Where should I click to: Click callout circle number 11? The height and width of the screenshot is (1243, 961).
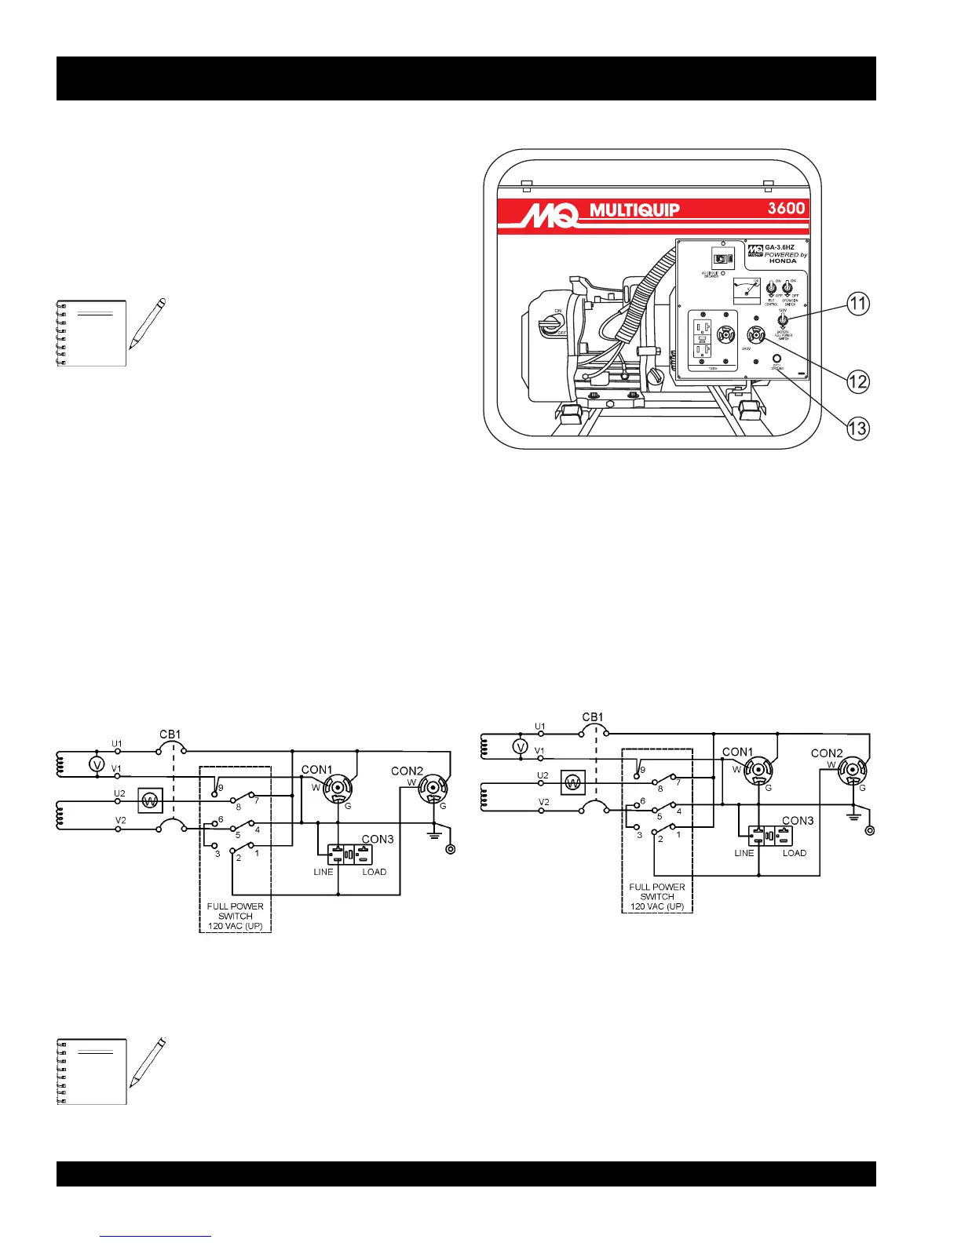pos(859,304)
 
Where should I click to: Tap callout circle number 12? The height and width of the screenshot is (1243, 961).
pos(857,381)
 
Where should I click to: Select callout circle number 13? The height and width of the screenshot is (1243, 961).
pos(857,428)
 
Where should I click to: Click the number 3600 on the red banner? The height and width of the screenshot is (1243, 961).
pos(786,209)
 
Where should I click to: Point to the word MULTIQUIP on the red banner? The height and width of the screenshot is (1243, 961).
pos(634,210)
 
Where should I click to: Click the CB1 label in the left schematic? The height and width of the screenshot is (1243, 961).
pos(170,734)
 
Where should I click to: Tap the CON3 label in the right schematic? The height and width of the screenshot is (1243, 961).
pos(798,820)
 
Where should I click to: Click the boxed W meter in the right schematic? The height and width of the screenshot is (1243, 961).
pos(573,782)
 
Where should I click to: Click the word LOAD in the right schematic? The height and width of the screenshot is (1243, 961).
pos(795,853)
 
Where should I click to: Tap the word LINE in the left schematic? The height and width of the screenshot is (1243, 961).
pos(323,872)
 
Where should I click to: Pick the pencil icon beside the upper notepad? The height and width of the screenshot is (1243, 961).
pos(148,323)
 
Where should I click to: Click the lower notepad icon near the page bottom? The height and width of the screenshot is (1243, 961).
pos(93,1071)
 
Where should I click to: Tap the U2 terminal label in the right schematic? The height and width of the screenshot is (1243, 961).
pos(543,775)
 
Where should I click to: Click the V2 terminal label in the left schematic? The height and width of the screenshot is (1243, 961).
pos(121,820)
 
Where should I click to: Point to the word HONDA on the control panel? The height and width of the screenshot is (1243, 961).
pos(783,261)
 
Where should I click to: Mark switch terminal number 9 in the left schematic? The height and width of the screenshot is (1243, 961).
pos(221,788)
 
